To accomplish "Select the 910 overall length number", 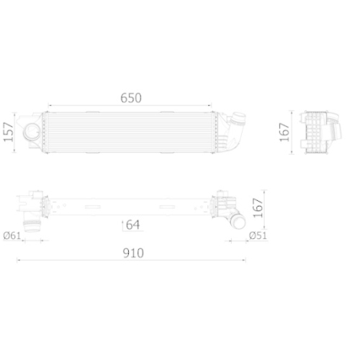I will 132,253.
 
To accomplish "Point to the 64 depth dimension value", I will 132,225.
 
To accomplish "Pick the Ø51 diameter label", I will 257,235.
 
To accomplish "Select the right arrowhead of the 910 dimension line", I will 247,260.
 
